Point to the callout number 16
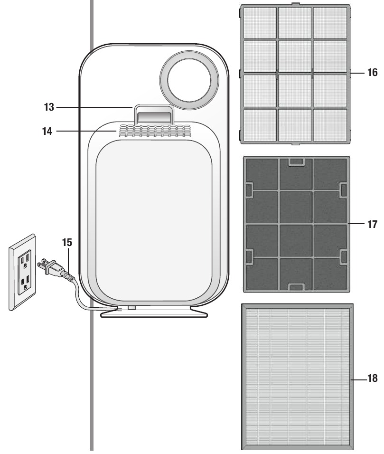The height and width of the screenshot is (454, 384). tap(372, 73)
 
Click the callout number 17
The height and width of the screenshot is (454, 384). tap(372, 223)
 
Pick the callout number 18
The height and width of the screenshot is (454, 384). tap(372, 379)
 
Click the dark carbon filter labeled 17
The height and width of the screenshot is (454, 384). tap(296, 224)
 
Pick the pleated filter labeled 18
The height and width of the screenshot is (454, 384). tap(296, 376)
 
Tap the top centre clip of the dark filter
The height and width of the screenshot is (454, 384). tap(296, 162)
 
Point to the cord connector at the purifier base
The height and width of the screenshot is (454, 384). tap(131, 308)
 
